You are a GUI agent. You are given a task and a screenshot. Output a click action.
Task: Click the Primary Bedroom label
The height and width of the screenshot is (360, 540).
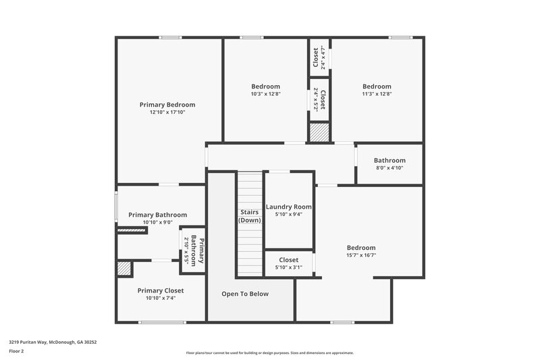(x=167, y=105)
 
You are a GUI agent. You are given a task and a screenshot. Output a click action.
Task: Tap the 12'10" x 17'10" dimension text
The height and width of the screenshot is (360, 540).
(x=167, y=113)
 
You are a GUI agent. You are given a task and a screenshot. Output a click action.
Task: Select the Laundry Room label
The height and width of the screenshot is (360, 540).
(x=289, y=207)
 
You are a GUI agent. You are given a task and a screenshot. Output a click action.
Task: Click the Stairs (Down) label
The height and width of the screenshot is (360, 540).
(x=249, y=216)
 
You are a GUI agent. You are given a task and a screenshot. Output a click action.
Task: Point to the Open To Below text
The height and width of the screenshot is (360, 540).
(x=246, y=294)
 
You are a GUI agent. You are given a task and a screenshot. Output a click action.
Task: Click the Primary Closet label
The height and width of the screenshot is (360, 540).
(x=161, y=290)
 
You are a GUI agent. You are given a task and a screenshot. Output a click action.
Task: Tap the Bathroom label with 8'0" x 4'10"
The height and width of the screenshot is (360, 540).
(x=389, y=160)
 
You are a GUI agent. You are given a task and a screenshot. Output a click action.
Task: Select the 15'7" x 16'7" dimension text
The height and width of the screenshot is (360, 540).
(x=361, y=255)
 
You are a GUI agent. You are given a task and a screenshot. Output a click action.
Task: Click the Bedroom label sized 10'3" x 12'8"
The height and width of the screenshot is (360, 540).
(x=265, y=86)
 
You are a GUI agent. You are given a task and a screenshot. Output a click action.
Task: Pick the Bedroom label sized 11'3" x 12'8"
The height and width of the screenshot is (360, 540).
(x=377, y=86)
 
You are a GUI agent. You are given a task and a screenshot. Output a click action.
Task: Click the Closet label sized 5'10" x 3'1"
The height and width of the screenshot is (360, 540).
(x=289, y=259)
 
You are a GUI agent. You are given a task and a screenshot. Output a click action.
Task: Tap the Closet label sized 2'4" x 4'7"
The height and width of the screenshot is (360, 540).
(x=316, y=57)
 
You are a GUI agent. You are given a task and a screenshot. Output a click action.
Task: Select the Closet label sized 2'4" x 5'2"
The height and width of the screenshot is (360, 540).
(x=323, y=100)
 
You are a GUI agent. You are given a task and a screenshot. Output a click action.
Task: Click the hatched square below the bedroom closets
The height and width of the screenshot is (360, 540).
(x=318, y=132)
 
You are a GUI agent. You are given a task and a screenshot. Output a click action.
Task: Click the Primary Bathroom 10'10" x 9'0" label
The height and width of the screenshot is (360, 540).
(x=157, y=215)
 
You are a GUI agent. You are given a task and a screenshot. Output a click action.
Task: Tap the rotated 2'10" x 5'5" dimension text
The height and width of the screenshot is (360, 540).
(x=186, y=249)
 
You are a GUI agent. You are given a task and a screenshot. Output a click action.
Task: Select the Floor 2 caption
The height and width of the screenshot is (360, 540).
(x=16, y=351)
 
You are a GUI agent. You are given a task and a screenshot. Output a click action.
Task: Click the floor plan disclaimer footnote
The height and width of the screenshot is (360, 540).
(x=269, y=353)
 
